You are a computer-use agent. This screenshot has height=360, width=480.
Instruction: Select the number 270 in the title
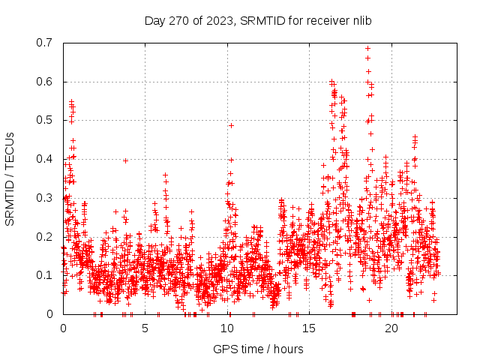(175, 20)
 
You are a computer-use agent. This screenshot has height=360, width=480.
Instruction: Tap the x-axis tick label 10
(227, 328)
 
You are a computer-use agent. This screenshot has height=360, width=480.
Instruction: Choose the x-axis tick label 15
(310, 328)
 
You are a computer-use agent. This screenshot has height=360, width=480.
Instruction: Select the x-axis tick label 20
(391, 328)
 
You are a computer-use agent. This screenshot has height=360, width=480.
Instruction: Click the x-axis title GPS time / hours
(258, 349)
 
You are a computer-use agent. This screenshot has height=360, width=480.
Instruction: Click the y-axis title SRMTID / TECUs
(10, 178)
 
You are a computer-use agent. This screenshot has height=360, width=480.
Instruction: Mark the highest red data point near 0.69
(367, 49)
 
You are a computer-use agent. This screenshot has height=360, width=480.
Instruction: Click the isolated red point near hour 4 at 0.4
(125, 160)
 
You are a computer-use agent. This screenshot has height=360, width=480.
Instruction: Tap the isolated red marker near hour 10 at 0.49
(231, 125)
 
